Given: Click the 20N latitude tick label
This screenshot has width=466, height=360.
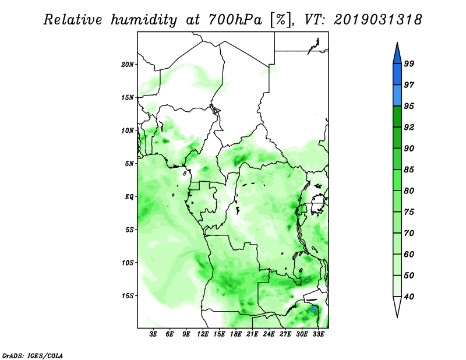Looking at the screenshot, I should click(128, 64).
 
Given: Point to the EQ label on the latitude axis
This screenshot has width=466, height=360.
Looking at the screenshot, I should click(129, 196).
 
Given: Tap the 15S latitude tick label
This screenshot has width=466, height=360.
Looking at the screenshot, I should click(128, 295).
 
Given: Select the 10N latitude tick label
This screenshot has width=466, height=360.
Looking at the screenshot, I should click(128, 130).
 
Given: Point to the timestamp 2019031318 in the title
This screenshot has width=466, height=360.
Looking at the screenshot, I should click(378, 20).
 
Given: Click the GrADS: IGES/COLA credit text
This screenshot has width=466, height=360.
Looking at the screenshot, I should click(33, 355).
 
